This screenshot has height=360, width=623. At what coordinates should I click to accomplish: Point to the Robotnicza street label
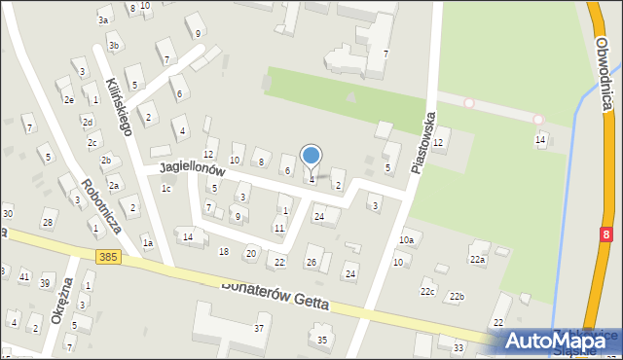click(x=101, y=205)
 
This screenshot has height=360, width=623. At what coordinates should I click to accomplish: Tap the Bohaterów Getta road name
click(x=275, y=295)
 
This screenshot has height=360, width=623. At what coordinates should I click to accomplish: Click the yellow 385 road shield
click(x=108, y=256)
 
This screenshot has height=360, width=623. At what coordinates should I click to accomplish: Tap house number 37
click(x=259, y=328)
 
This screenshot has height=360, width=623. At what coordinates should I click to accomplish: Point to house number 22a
click(x=477, y=259)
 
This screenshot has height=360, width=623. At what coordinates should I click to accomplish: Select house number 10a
click(x=406, y=239)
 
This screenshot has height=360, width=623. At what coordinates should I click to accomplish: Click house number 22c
click(x=427, y=292)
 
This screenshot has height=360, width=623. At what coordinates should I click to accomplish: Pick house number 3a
click(x=103, y=19)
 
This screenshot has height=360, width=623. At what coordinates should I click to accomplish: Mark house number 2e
click(x=68, y=99)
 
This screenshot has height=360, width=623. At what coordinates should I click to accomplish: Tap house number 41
click(x=24, y=277)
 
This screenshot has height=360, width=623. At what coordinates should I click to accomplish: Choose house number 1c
click(x=165, y=188)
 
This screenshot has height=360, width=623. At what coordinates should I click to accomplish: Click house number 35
click(x=322, y=340)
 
